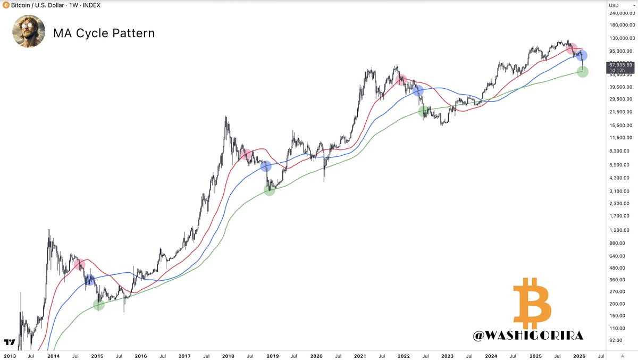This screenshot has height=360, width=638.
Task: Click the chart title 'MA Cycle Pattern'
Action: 104,33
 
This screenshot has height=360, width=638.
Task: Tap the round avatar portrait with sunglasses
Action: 29,31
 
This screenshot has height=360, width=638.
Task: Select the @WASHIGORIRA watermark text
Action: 529,335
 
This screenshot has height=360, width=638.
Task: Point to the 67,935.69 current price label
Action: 619,64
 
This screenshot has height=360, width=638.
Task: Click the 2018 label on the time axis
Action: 229,356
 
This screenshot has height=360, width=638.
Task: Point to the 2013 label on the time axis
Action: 10,356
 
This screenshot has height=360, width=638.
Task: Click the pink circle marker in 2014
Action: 80,264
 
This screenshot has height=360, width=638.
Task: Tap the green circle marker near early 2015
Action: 99,305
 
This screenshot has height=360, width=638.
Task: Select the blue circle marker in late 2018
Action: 266,166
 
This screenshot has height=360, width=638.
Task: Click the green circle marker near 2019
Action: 270,190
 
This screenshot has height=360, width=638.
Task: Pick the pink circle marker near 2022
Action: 401,80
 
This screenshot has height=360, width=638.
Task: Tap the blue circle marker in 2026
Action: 582,56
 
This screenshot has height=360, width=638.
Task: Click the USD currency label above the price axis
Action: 613,5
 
